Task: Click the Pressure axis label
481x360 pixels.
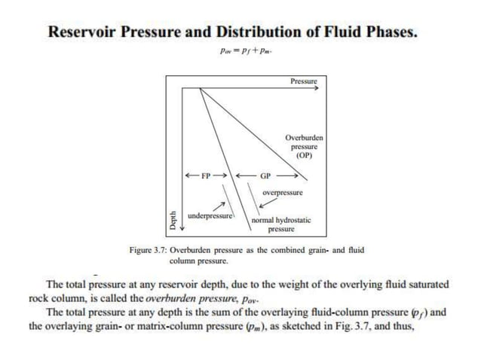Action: pos(303,81)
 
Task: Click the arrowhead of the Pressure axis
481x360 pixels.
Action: pos(316,87)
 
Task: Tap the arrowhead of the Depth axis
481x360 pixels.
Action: pos(180,230)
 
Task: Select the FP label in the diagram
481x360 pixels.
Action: pos(206,176)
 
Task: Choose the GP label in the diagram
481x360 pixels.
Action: pos(265,176)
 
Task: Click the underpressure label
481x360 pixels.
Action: pos(210,215)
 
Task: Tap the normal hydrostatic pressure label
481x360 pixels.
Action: pos(280,224)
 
